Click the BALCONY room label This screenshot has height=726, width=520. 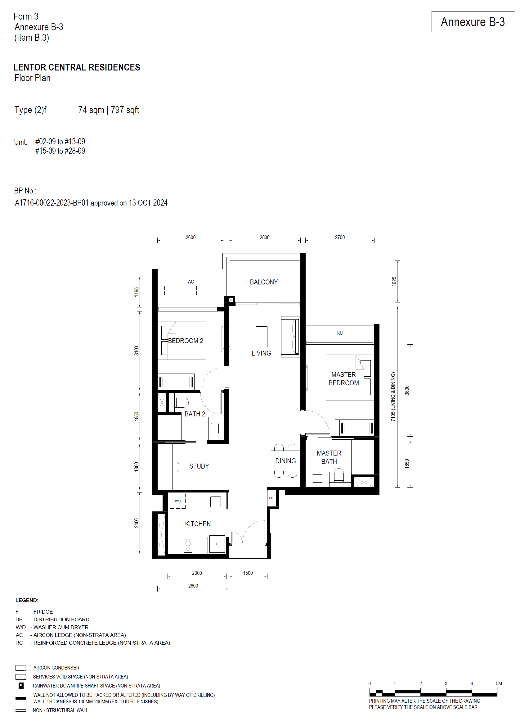click(x=263, y=282)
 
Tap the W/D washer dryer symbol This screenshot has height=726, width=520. click(x=177, y=501)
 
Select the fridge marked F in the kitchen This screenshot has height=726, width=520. click(x=217, y=544)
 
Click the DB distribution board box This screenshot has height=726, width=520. click(x=271, y=498)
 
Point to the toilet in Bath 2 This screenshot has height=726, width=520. click(x=182, y=402)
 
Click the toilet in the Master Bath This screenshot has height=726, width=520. click(x=339, y=475)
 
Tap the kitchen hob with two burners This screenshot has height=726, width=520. click(x=188, y=546)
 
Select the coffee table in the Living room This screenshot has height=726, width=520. click(x=261, y=336)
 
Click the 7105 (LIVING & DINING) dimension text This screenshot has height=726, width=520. click(x=393, y=397)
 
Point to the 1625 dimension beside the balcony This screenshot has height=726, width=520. click(x=394, y=281)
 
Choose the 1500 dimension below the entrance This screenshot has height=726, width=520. click(x=248, y=573)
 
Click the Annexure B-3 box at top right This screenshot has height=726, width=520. click(x=473, y=22)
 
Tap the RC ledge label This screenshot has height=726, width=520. click(x=340, y=333)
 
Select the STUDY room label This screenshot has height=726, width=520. click(x=199, y=466)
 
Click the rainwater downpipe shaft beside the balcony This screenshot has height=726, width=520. click(x=231, y=300)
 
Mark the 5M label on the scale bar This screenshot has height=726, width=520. click(x=499, y=683)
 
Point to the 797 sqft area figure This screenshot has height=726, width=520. click(x=125, y=110)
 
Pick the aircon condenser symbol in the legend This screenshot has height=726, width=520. click(x=21, y=668)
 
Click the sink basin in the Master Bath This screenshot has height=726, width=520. click(x=317, y=478)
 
